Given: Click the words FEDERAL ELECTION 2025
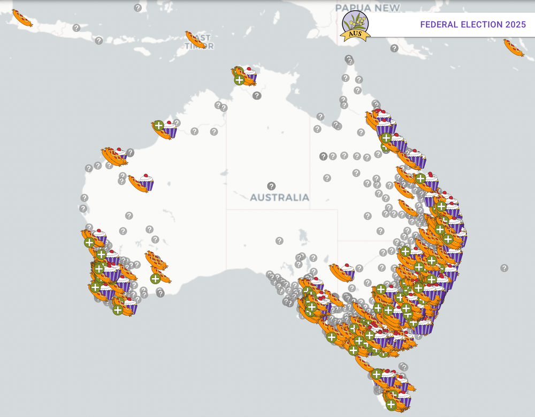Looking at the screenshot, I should (x=472, y=25).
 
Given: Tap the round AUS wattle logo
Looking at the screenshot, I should (x=355, y=26).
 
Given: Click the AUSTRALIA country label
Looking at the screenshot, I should (x=279, y=198).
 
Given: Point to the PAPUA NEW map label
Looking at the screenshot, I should (x=367, y=8).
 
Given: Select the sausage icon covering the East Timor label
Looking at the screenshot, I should (x=195, y=39).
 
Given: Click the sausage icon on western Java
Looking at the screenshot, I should (x=22, y=18).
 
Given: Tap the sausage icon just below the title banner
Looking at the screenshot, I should (x=514, y=47).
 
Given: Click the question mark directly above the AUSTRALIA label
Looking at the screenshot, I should (x=271, y=186).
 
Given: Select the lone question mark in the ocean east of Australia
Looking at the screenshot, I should (x=504, y=268).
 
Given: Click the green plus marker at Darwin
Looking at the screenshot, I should (x=239, y=80).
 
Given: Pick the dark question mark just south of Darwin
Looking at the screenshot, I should (x=257, y=96).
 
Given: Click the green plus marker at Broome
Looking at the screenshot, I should (x=158, y=126).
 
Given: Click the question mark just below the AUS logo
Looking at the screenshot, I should (x=349, y=58).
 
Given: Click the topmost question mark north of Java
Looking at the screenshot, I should (x=137, y=8).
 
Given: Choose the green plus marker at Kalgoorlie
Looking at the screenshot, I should (x=155, y=278).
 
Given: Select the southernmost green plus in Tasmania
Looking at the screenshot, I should (x=391, y=404).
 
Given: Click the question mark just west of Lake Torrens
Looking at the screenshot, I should (x=279, y=241).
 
